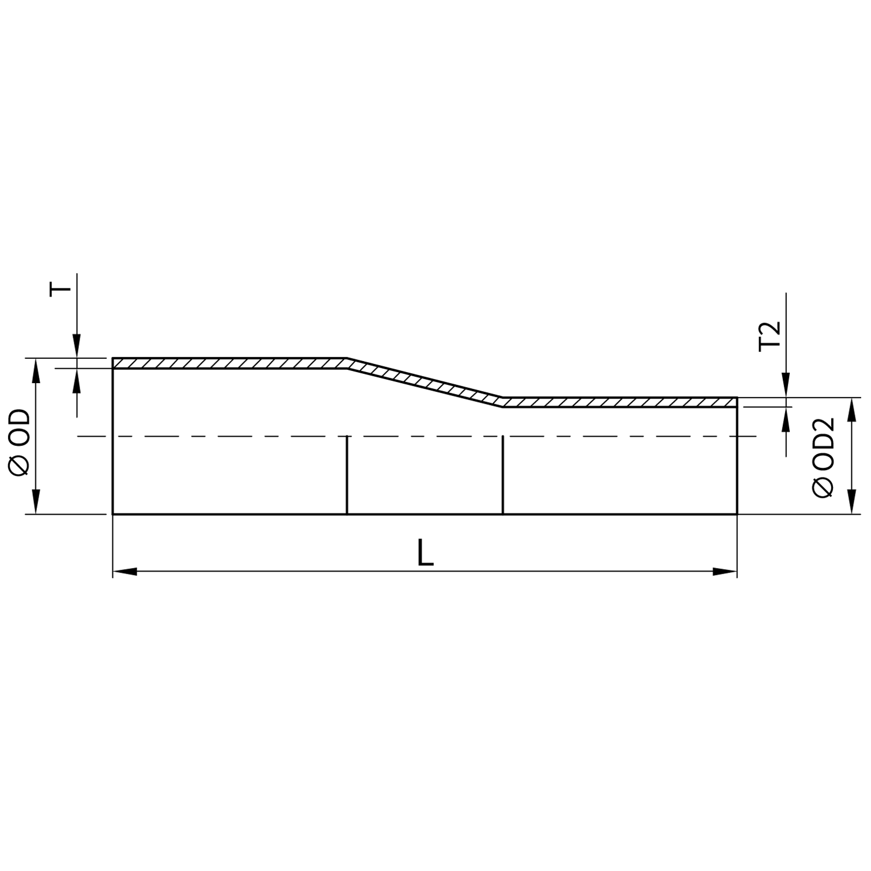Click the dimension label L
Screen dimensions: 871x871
click(425, 554)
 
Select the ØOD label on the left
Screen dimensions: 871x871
click(20, 442)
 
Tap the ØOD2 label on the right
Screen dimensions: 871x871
click(823, 457)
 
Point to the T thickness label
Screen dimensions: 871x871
click(60, 289)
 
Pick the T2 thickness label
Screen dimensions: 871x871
click(770, 335)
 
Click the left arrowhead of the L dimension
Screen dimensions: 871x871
click(124, 571)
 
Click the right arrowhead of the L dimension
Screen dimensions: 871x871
click(725, 571)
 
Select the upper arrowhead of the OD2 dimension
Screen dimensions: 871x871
click(850, 409)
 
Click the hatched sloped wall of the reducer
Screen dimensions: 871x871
click(425, 383)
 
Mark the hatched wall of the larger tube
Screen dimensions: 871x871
click(230, 363)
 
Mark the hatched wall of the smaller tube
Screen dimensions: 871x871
click(619, 402)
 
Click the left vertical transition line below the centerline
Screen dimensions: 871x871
click(347, 475)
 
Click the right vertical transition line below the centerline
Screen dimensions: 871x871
click(503, 475)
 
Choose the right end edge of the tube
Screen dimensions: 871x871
click(737, 461)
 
